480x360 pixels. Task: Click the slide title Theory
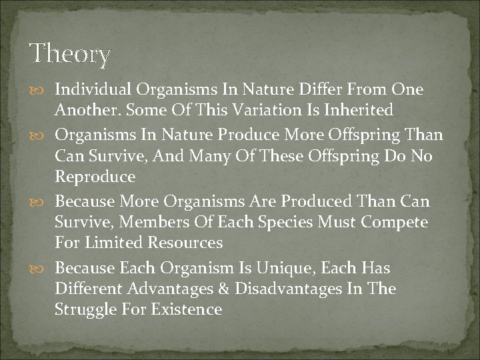pos(70,53)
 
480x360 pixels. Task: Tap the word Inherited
pos(359,109)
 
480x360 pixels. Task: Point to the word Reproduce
pos(95,177)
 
